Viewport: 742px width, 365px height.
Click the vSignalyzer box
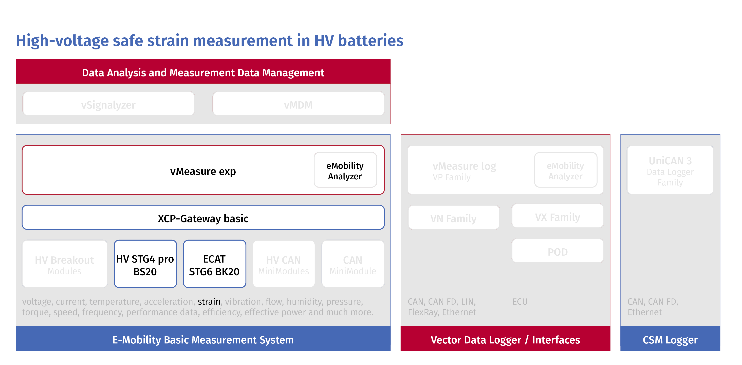[109, 104]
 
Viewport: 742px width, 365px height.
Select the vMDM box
[298, 104]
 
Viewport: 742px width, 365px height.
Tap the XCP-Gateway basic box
[203, 218]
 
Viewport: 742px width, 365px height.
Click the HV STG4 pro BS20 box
[145, 264]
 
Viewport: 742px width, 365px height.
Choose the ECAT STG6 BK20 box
[214, 264]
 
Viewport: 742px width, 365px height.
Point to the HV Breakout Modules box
[65, 264]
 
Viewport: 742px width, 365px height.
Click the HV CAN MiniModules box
[283, 264]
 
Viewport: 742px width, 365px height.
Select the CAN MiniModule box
[353, 264]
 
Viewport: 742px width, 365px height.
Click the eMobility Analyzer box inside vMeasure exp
[345, 170]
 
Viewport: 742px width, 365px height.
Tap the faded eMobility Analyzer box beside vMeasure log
[565, 170]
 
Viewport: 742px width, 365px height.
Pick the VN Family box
[453, 218]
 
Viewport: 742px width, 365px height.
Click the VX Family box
[557, 217]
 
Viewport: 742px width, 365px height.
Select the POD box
[557, 251]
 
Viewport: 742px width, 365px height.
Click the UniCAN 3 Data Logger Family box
[670, 170]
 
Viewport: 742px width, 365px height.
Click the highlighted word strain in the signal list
[209, 301]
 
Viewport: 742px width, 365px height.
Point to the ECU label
[520, 302]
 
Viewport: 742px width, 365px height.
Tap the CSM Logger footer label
[670, 340]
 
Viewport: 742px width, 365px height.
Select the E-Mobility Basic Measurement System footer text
[203, 340]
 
